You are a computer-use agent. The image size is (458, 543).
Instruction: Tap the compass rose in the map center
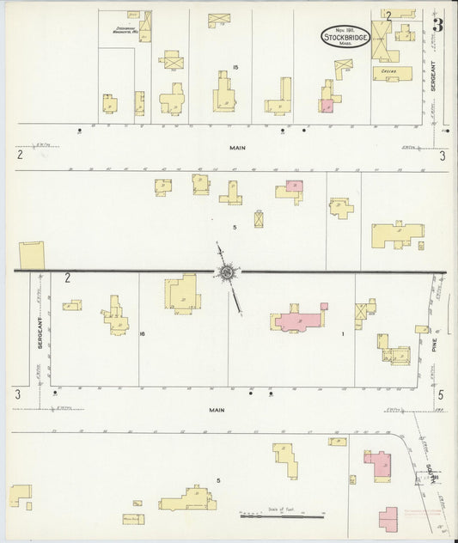227,273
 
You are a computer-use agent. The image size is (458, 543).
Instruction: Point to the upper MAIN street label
238,148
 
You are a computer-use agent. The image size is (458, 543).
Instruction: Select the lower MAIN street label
217,410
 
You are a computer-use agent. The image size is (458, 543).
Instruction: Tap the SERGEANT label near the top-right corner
434,76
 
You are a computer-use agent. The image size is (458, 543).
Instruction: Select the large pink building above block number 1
300,320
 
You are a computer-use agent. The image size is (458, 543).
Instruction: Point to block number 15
235,68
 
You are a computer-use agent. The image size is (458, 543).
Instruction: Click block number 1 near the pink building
342,333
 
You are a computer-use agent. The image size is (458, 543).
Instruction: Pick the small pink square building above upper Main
327,106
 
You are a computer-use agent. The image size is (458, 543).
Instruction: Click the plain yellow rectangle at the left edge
34,254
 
